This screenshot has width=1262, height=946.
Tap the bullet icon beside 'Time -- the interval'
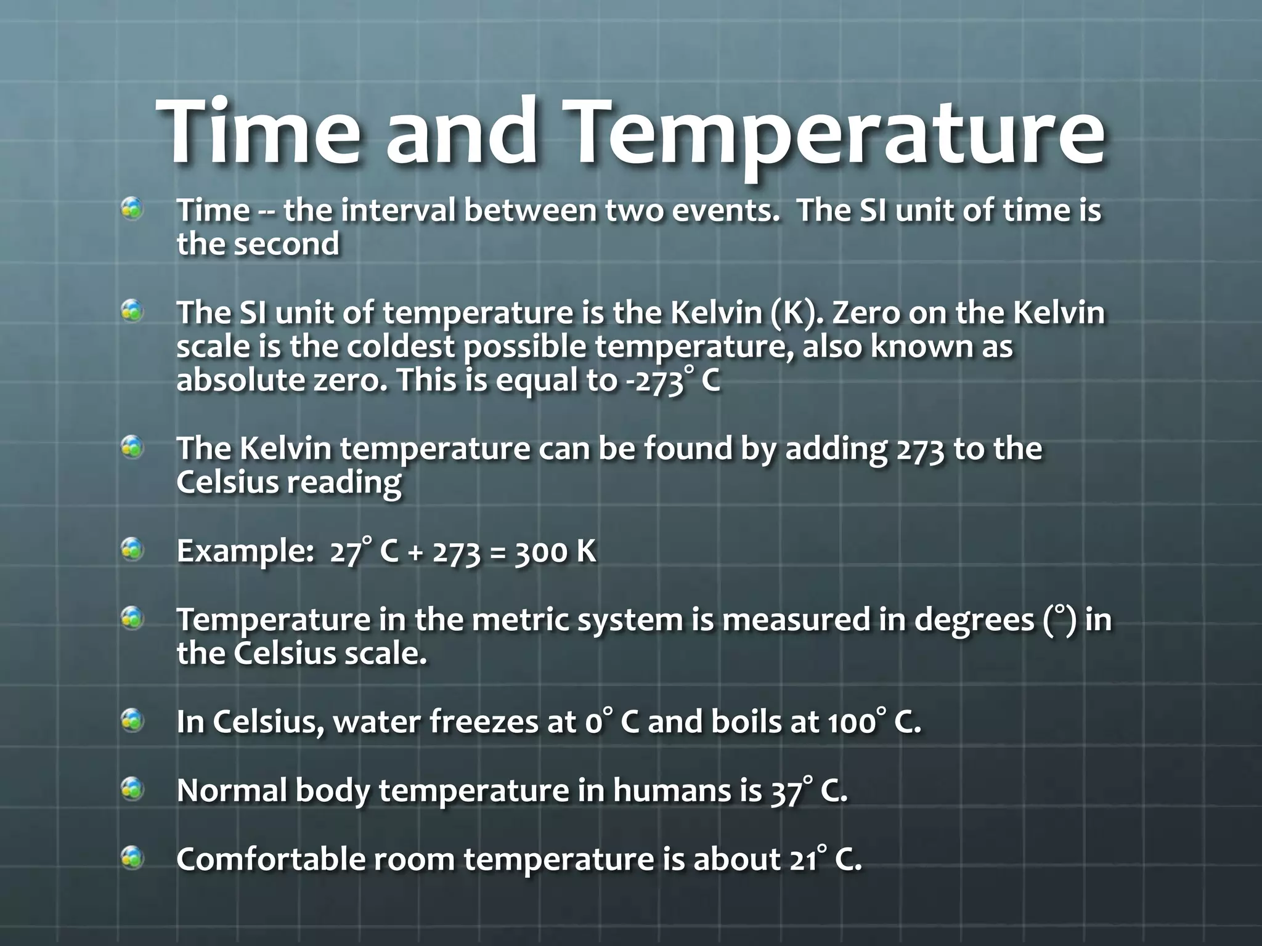coord(132,210)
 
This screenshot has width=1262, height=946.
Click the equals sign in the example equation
coord(496,552)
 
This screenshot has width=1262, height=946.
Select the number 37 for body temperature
coord(786,792)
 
